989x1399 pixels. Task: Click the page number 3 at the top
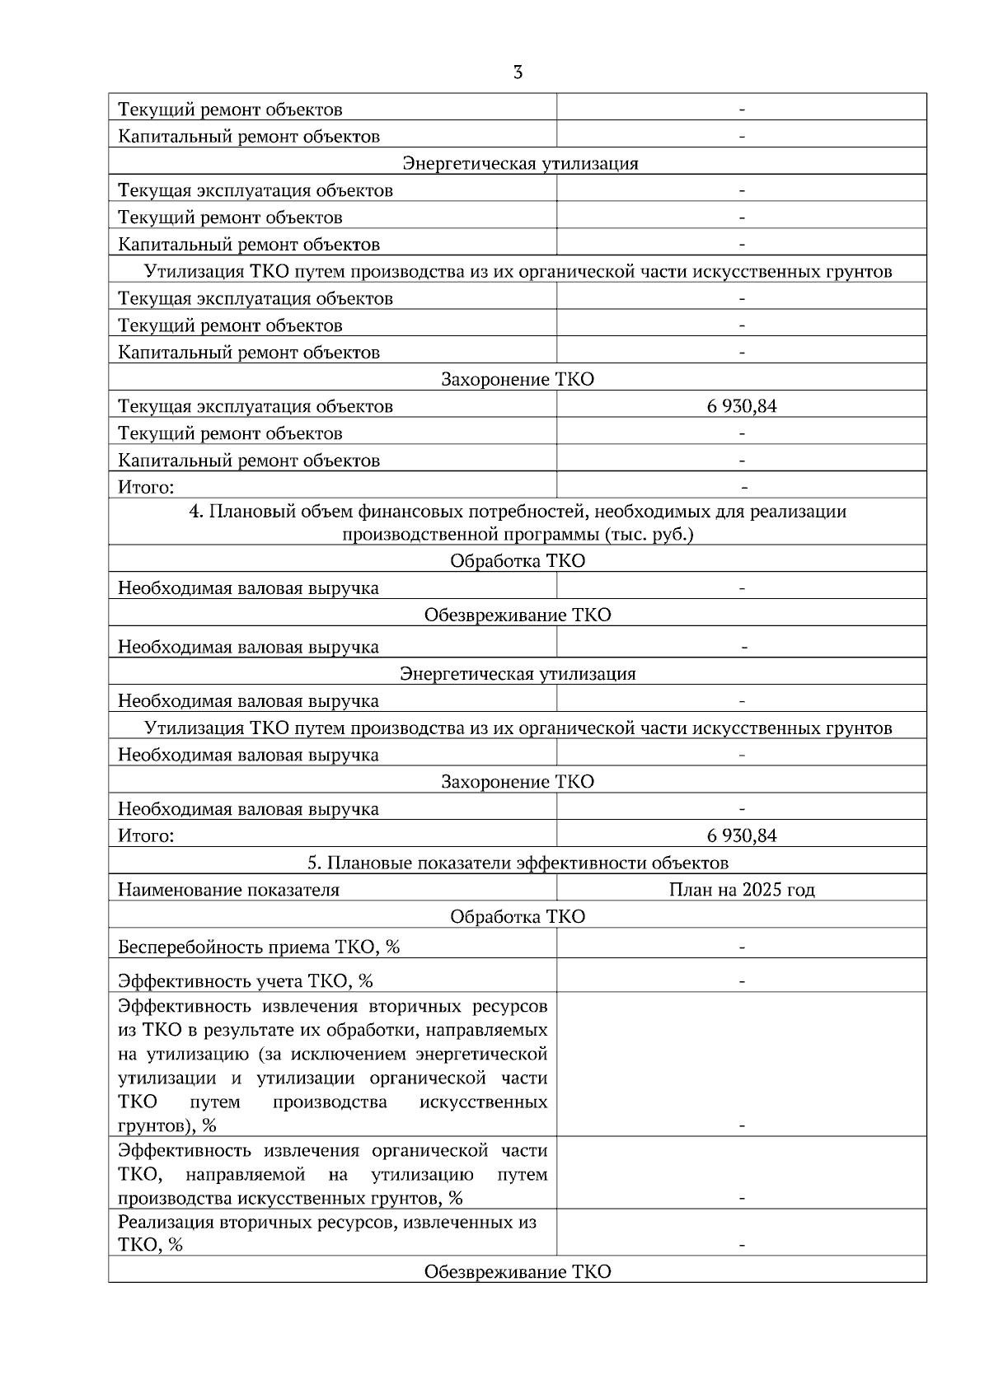coord(518,73)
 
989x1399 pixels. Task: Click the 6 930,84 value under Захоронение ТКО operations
coord(741,406)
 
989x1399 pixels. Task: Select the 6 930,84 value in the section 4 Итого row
coord(741,836)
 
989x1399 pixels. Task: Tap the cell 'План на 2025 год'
coord(741,890)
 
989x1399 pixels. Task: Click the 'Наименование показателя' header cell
coord(228,890)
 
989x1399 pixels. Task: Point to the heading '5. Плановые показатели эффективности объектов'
coord(518,863)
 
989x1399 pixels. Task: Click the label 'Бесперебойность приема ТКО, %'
coord(259,947)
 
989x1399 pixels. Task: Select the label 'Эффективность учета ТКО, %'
coord(246,981)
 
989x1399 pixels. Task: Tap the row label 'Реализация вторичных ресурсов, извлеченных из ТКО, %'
coord(327,1233)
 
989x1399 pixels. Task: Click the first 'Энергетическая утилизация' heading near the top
coord(520,163)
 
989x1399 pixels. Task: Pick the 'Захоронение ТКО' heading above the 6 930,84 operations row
coord(518,380)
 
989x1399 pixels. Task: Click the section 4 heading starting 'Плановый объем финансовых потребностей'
coord(518,512)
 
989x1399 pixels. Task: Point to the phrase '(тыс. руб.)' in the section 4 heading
coord(649,535)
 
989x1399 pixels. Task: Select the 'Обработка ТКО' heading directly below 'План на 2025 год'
coord(518,917)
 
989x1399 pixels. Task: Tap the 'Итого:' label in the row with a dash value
coord(146,487)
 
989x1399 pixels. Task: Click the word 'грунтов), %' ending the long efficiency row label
coord(167,1125)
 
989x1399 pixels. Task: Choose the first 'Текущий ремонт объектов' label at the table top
coord(230,110)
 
